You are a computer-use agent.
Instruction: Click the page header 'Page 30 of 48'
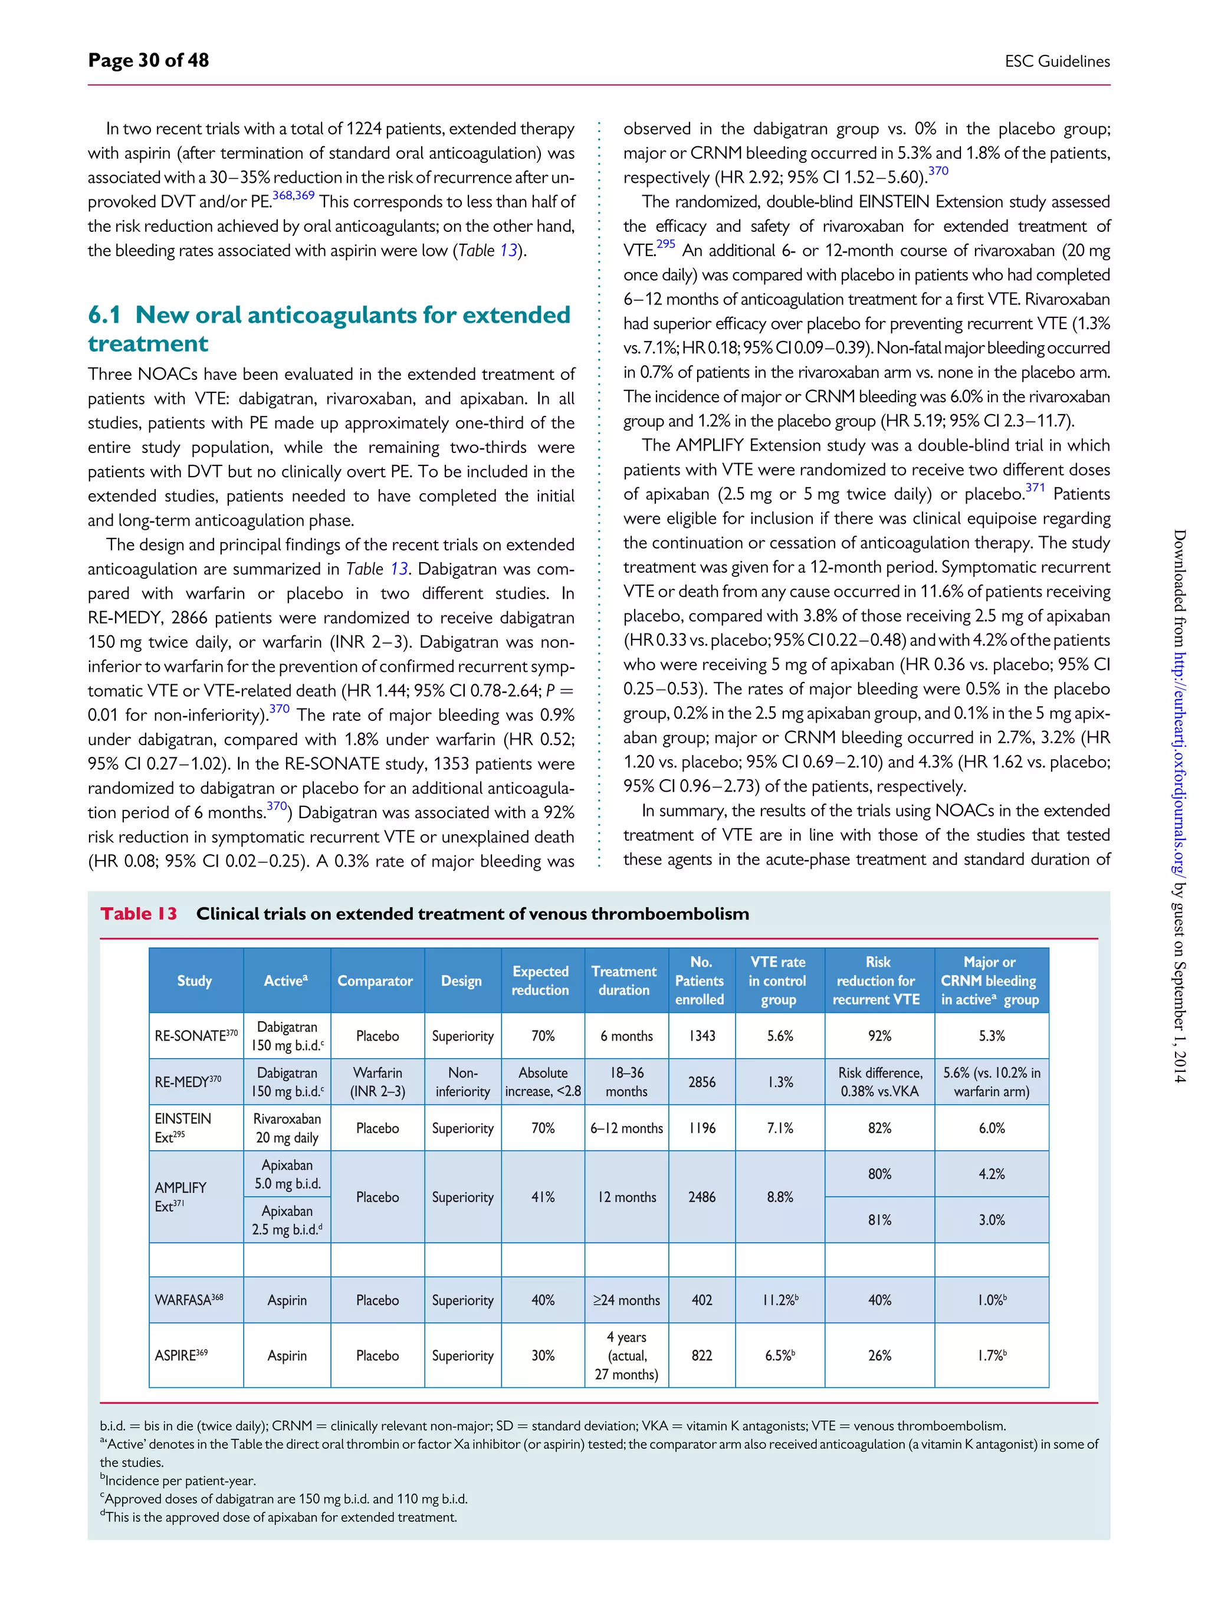(149, 60)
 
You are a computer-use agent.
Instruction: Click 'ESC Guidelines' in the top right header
(1056, 62)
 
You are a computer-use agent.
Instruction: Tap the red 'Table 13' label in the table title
(139, 913)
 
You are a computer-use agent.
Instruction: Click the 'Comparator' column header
(375, 980)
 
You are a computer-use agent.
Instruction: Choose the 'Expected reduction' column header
(540, 980)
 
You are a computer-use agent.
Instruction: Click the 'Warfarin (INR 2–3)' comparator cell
(377, 1081)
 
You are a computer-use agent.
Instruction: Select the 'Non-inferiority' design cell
(462, 1081)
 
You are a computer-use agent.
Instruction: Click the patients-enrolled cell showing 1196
(701, 1128)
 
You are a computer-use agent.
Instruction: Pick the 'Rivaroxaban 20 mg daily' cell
(287, 1128)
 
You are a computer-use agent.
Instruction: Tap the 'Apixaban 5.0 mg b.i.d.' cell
(287, 1174)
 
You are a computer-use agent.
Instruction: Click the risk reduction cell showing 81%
(879, 1220)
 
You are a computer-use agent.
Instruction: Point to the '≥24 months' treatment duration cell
(626, 1300)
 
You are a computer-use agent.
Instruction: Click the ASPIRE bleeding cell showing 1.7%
(991, 1356)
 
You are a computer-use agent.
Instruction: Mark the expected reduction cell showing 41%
(543, 1196)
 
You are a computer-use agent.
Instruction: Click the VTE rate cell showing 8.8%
(779, 1196)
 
